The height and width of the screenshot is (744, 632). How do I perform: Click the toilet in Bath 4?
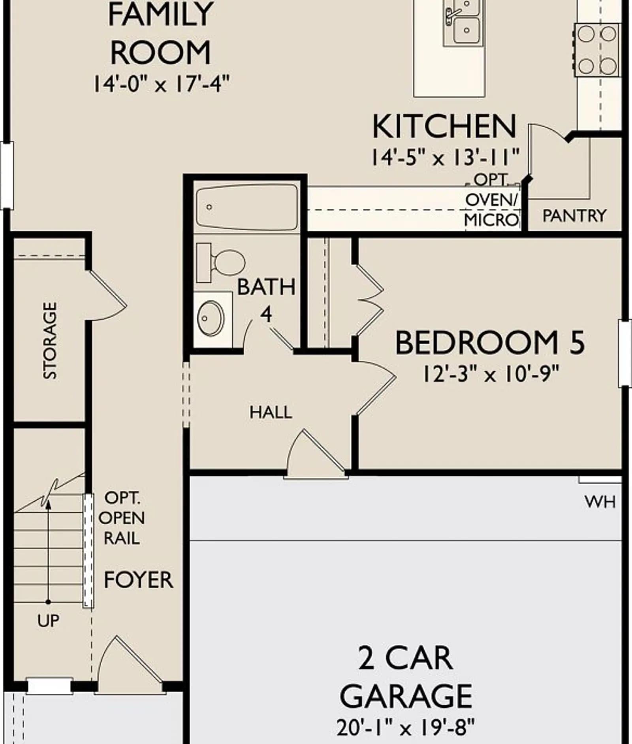click(x=220, y=263)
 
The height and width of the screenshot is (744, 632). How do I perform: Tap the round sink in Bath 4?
click(x=211, y=318)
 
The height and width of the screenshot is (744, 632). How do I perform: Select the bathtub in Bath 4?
click(x=247, y=207)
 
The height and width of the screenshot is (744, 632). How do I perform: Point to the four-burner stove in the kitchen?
click(x=597, y=50)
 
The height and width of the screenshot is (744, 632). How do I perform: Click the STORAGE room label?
click(x=50, y=341)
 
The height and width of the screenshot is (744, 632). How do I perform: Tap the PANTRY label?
click(x=574, y=216)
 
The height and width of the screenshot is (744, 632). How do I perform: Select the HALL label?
click(x=271, y=412)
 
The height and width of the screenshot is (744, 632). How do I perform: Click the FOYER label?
click(x=138, y=580)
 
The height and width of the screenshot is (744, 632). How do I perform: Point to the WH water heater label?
click(x=600, y=502)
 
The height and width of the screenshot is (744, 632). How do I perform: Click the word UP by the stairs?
click(x=48, y=621)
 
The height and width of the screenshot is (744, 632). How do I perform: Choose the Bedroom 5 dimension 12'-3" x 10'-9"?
click(x=491, y=373)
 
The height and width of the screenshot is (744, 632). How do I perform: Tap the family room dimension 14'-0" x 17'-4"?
click(x=161, y=84)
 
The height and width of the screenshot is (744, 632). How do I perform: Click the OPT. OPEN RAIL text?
click(x=122, y=518)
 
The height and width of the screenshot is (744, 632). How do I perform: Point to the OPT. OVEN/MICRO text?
click(x=491, y=200)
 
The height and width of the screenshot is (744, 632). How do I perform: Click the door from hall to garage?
click(x=316, y=454)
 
